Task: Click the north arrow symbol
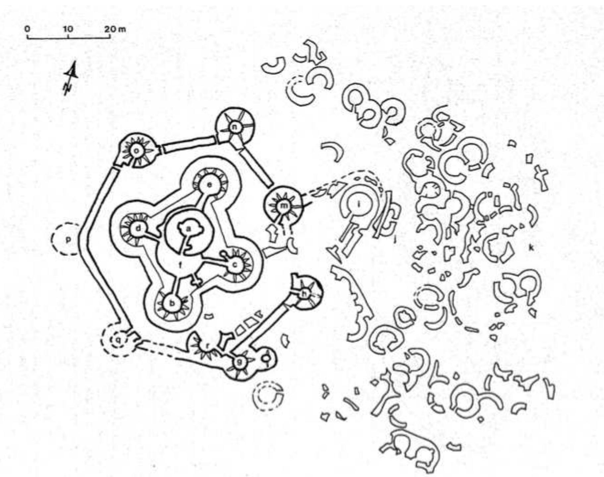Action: tap(71, 78)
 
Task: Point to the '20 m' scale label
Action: tap(115, 29)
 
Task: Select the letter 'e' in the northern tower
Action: tap(209, 185)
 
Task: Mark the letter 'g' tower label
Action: tap(239, 362)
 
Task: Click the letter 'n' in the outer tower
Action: tap(235, 127)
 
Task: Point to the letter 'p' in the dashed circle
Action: tap(68, 240)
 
